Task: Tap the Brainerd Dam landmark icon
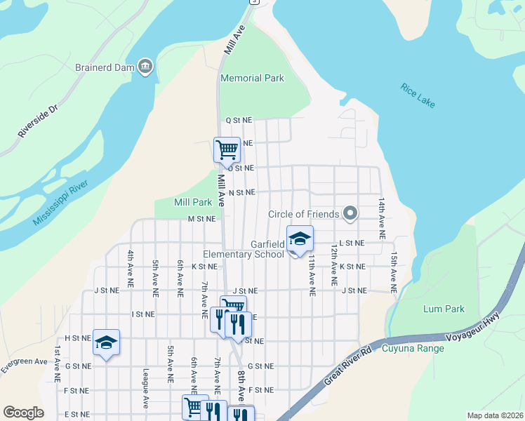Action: coord(145,67)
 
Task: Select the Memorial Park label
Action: coord(252,79)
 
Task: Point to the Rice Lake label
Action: coord(418,96)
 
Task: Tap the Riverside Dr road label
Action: coord(37,123)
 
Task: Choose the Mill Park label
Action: coord(193,202)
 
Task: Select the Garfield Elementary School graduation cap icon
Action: coord(300,239)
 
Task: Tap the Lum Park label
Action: coord(444,309)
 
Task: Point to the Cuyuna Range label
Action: coord(413,348)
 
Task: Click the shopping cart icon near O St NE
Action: coord(227,149)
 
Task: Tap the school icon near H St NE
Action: coord(106,342)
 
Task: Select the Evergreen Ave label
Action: coord(23,366)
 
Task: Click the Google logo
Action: coord(23,413)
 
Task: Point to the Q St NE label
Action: coord(239,121)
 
